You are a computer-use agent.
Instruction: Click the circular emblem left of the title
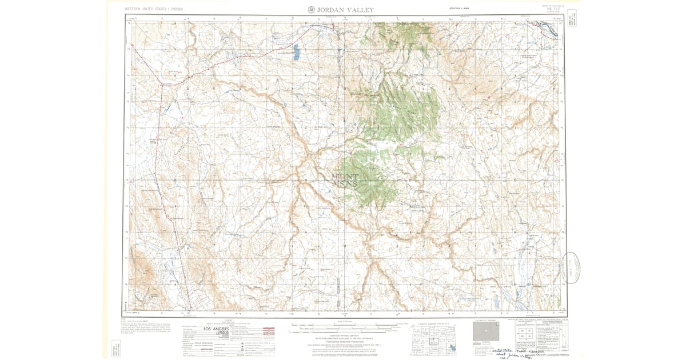tap(311, 9)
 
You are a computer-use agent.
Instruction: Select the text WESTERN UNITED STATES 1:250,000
tap(157, 9)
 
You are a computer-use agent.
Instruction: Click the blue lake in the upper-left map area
tap(296, 52)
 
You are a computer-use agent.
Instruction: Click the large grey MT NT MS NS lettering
tap(344, 180)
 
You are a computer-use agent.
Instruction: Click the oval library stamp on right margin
tap(572, 267)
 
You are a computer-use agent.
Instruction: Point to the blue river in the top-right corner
tap(547, 29)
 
